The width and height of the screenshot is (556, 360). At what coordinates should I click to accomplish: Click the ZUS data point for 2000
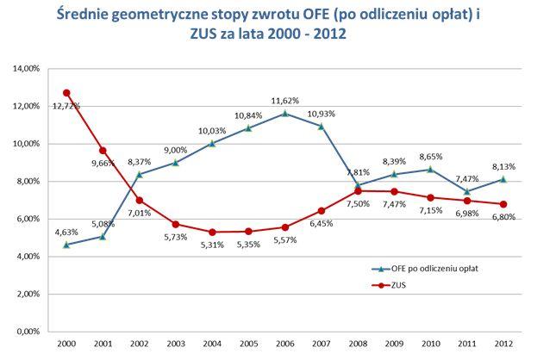click(66, 92)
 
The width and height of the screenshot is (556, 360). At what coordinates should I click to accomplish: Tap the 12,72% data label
click(66, 106)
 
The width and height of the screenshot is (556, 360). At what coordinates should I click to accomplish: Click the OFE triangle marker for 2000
click(66, 245)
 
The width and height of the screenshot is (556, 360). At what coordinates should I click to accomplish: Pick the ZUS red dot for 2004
click(211, 232)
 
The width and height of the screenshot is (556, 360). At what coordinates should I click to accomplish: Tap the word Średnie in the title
click(89, 16)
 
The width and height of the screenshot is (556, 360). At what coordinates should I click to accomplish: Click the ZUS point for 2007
click(321, 210)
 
